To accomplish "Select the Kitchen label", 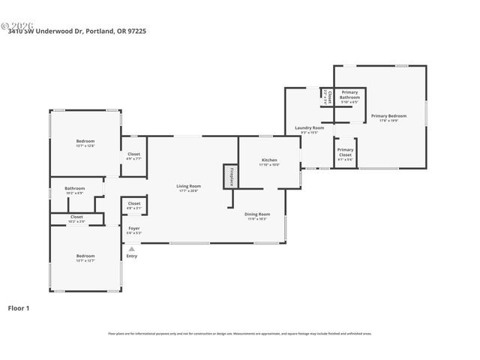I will tap(269, 160).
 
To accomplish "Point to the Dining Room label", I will tap(257, 214).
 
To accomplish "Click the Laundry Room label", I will tap(309, 128).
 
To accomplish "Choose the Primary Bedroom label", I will tap(388, 115).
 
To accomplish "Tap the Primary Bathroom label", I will tap(349, 94).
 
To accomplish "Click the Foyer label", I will tap(133, 228).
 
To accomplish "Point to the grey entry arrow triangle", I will tap(132, 248).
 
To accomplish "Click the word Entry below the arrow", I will tap(132, 256).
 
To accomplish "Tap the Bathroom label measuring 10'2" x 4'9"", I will tap(74, 189).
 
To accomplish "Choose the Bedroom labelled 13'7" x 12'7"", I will tap(85, 256).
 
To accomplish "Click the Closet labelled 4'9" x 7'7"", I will tap(133, 154).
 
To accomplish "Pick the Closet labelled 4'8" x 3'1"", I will tap(133, 204).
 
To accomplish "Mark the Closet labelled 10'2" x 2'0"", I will tap(76, 217).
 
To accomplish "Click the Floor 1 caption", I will tap(18, 307).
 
